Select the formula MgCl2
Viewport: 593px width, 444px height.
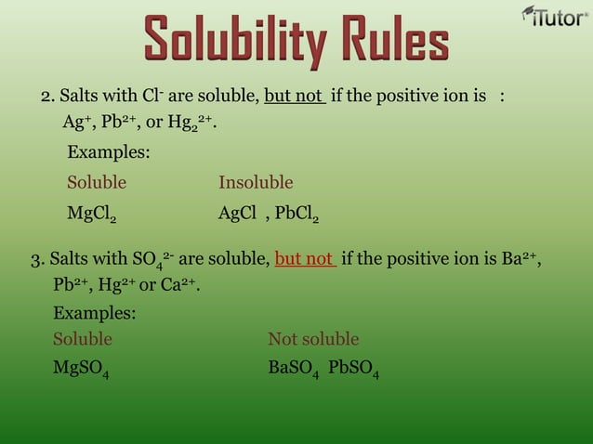click(x=92, y=215)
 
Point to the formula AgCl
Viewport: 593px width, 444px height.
click(x=237, y=214)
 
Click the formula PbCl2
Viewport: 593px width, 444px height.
click(x=296, y=215)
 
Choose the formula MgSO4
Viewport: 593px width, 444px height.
click(x=81, y=369)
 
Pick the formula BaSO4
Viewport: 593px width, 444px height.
click(x=294, y=369)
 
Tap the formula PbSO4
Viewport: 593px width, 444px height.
click(x=353, y=369)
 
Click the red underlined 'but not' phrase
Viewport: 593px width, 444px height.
click(x=305, y=258)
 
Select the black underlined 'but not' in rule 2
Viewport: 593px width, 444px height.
click(x=294, y=97)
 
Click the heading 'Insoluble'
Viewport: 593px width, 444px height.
click(x=256, y=182)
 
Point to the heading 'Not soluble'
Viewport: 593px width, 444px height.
click(x=313, y=338)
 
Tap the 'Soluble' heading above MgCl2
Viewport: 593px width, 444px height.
click(x=97, y=182)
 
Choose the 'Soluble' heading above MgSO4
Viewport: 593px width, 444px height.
click(x=83, y=338)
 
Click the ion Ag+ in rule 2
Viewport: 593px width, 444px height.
click(x=74, y=123)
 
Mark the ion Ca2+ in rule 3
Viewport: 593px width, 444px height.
click(x=178, y=283)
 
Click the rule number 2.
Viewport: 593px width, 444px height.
click(x=46, y=97)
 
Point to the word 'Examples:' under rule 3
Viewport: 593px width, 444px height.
click(x=95, y=313)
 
